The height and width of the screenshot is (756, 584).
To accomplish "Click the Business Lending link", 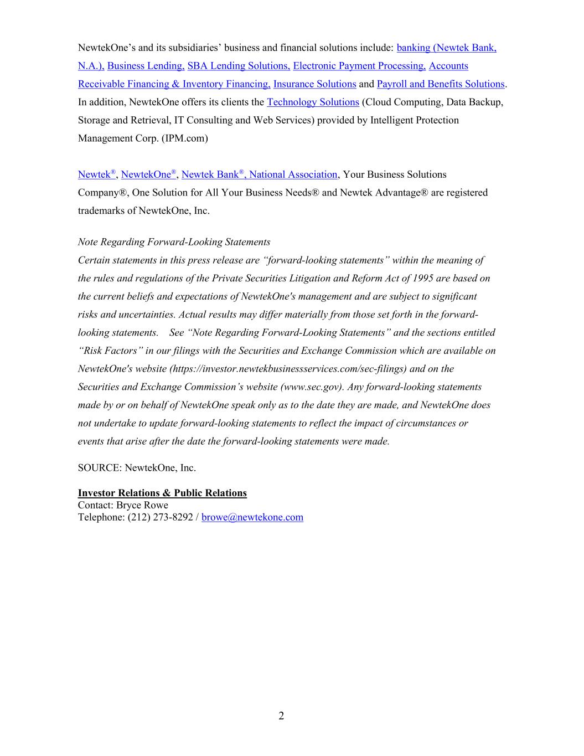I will tap(146, 66).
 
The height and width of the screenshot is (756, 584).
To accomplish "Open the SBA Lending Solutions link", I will tap(239, 66).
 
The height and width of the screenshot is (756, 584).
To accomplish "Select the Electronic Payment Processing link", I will tap(359, 66).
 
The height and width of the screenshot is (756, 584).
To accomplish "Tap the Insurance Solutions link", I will tap(314, 84).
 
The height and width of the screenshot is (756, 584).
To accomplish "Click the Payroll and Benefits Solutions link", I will tap(441, 84).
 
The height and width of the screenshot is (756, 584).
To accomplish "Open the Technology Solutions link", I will tap(313, 102).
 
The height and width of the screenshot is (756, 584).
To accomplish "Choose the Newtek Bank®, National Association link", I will tap(259, 174).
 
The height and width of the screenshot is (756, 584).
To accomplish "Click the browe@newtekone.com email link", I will tap(252, 517).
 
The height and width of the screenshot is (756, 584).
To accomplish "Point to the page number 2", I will tap(281, 716).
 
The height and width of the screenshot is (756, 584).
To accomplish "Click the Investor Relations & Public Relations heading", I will tap(162, 493).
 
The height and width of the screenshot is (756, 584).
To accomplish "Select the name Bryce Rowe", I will tap(142, 505).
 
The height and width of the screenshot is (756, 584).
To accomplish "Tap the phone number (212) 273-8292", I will tap(161, 517).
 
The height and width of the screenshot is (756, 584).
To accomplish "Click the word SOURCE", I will tap(99, 468).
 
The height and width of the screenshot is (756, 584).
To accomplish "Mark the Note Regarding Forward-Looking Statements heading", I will tap(174, 242).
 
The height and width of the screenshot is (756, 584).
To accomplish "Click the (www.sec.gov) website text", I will tap(312, 387).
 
